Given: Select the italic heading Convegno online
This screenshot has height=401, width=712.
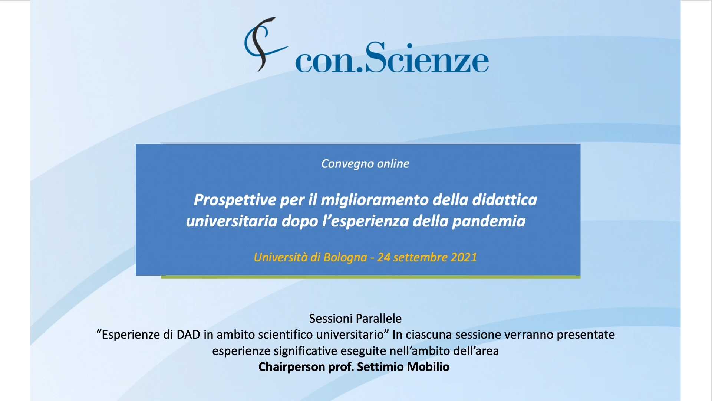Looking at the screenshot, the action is tap(365, 164).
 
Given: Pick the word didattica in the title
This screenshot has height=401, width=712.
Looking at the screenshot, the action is tap(504, 200).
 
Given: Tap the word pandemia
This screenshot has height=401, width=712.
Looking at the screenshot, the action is tap(488, 221).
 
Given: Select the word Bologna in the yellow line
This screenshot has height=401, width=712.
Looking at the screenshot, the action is tap(345, 257).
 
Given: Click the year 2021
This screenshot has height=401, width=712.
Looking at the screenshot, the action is tap(464, 257).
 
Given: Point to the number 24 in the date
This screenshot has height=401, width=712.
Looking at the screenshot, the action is tap(383, 257).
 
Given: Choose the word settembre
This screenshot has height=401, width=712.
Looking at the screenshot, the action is tap(420, 257).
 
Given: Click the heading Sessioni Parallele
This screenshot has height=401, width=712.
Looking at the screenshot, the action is tap(355, 319).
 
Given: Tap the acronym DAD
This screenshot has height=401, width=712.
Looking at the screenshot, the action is tap(188, 335).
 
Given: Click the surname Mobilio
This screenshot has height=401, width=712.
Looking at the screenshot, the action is tap(428, 367).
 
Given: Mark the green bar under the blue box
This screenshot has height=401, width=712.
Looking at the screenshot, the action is tap(370, 277).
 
